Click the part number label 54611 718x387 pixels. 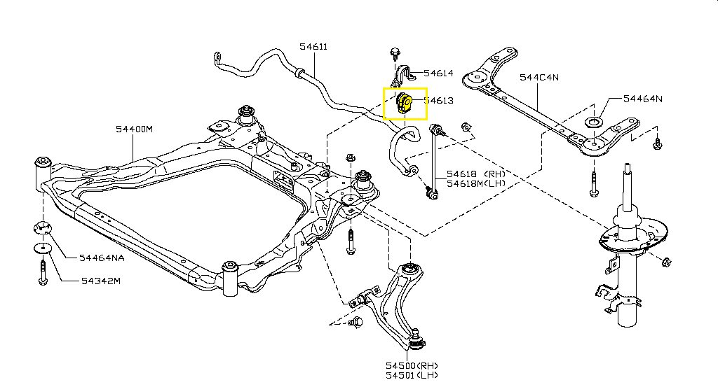click(x=313, y=47)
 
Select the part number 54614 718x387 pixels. click(x=438, y=73)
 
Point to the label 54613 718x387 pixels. click(x=438, y=101)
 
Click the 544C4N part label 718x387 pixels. click(x=538, y=78)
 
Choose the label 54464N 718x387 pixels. click(x=643, y=99)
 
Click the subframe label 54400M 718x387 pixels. click(x=135, y=129)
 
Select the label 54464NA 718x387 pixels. click(x=102, y=258)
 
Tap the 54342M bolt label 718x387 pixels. click(x=100, y=281)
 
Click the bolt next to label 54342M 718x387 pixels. click(x=43, y=271)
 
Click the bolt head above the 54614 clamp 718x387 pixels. click(x=393, y=52)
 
